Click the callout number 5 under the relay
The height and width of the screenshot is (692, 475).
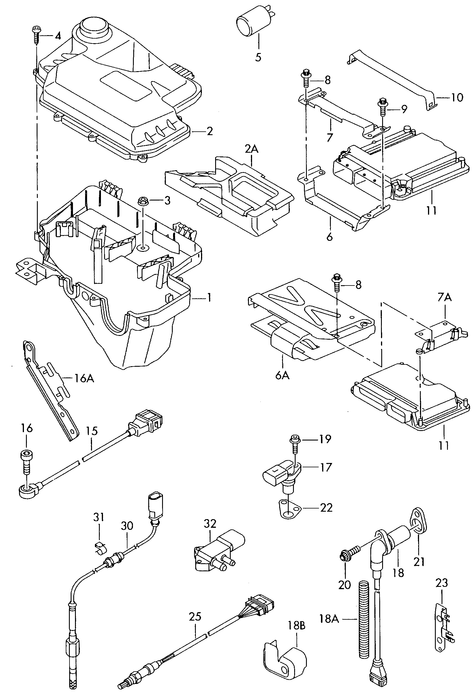pyautogui.click(x=258, y=56)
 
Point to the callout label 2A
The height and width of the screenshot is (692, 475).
pyautogui.click(x=251, y=149)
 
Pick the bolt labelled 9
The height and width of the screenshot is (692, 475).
pyautogui.click(x=382, y=107)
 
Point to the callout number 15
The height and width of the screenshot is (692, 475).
pyautogui.click(x=92, y=431)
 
